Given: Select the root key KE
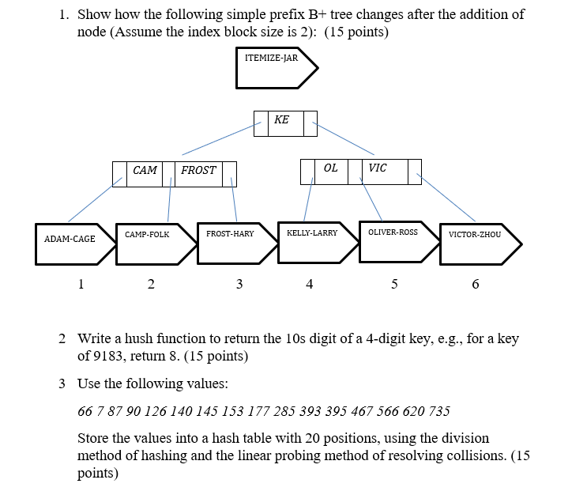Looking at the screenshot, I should click(x=282, y=120).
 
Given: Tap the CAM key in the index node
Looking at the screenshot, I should click(x=145, y=171).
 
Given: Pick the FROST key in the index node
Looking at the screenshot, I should click(x=198, y=171).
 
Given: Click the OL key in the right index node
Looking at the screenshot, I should click(x=331, y=168).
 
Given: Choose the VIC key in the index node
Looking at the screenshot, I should click(x=378, y=168).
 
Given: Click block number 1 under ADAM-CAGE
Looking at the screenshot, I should click(x=81, y=284).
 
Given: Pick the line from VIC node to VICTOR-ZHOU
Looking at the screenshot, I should click(x=447, y=197).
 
